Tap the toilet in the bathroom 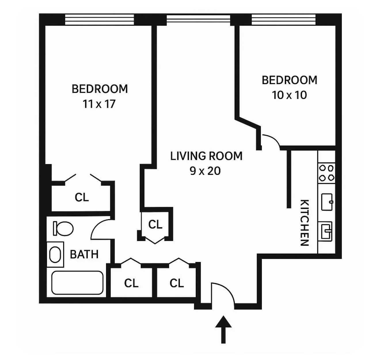coord(64,229)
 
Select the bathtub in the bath coord(77,283)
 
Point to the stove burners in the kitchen coord(326,173)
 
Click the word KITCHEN coord(305,223)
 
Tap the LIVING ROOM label coord(206,156)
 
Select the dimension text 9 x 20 coord(205,171)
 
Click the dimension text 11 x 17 coord(99,104)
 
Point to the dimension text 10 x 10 coord(289,95)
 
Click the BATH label coord(84,255)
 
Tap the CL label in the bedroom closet coord(82,198)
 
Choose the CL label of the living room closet coord(155,224)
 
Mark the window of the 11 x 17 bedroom coord(99,20)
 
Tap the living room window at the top coord(198,19)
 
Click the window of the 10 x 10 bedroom coord(284,20)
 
